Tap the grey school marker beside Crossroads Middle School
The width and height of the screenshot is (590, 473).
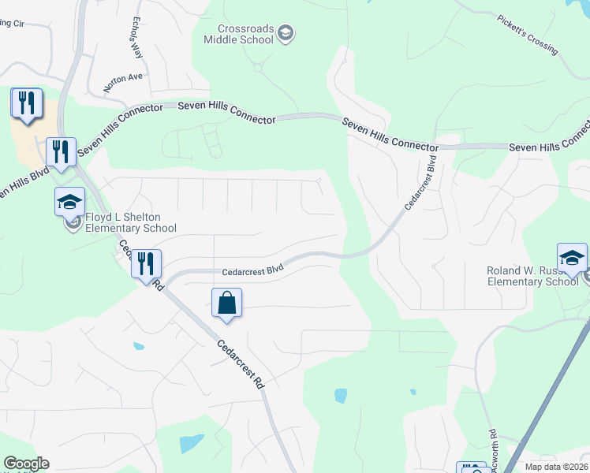[x=286, y=33]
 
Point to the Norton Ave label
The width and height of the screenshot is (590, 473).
[x=124, y=77]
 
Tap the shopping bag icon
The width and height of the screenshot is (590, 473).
[x=226, y=304]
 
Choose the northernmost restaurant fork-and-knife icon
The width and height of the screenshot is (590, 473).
[x=28, y=103]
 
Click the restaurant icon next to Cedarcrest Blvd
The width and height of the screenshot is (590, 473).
[x=146, y=264]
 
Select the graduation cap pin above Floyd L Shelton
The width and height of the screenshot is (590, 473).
[x=69, y=202]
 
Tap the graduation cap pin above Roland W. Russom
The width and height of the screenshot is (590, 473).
[x=572, y=258]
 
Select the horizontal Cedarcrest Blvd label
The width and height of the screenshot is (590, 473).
[x=252, y=270]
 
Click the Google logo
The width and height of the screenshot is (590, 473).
[x=26, y=464]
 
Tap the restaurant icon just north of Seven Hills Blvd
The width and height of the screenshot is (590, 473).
[x=61, y=151]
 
